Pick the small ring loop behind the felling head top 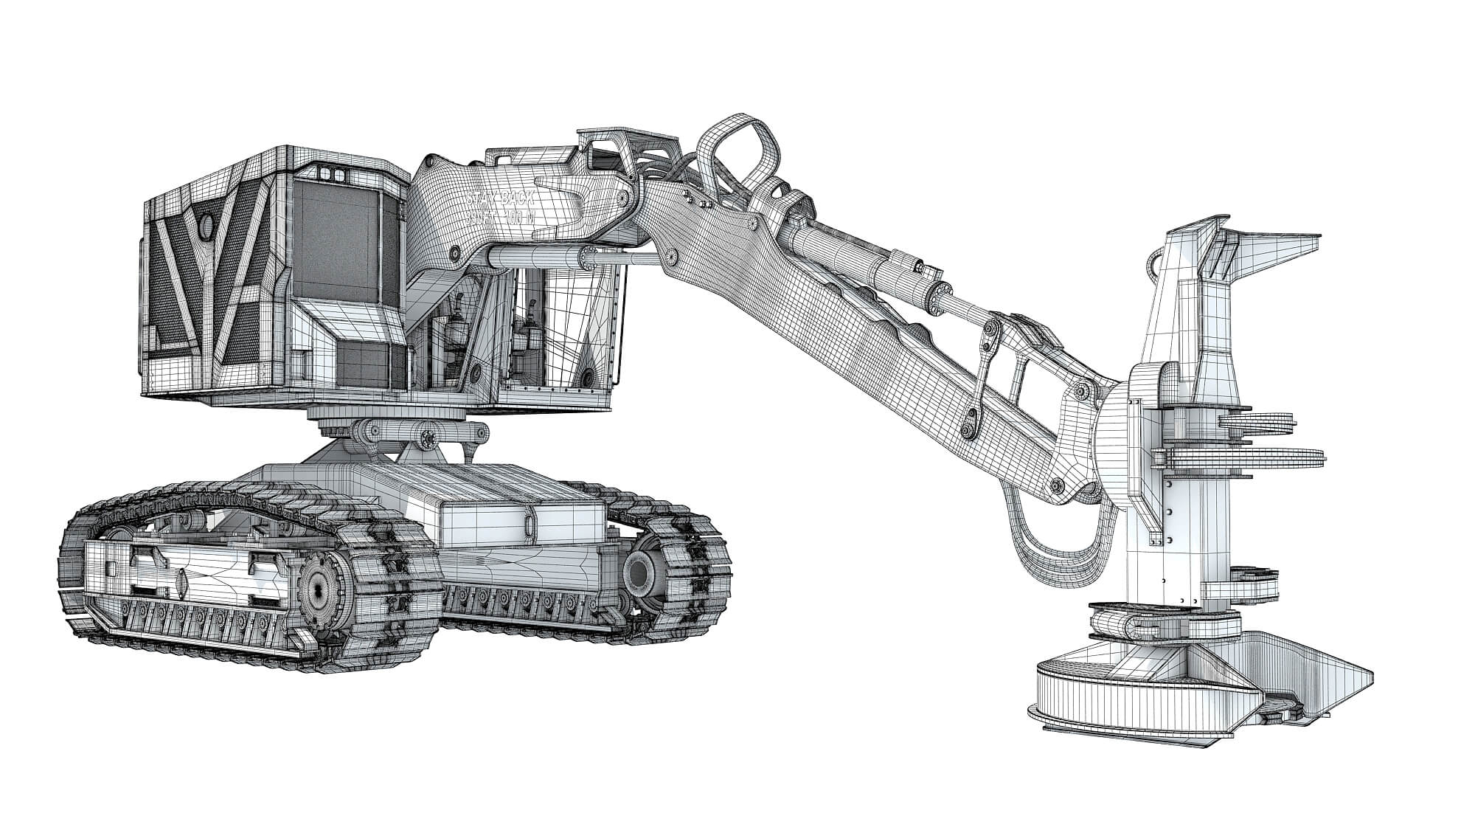point(1155,262)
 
